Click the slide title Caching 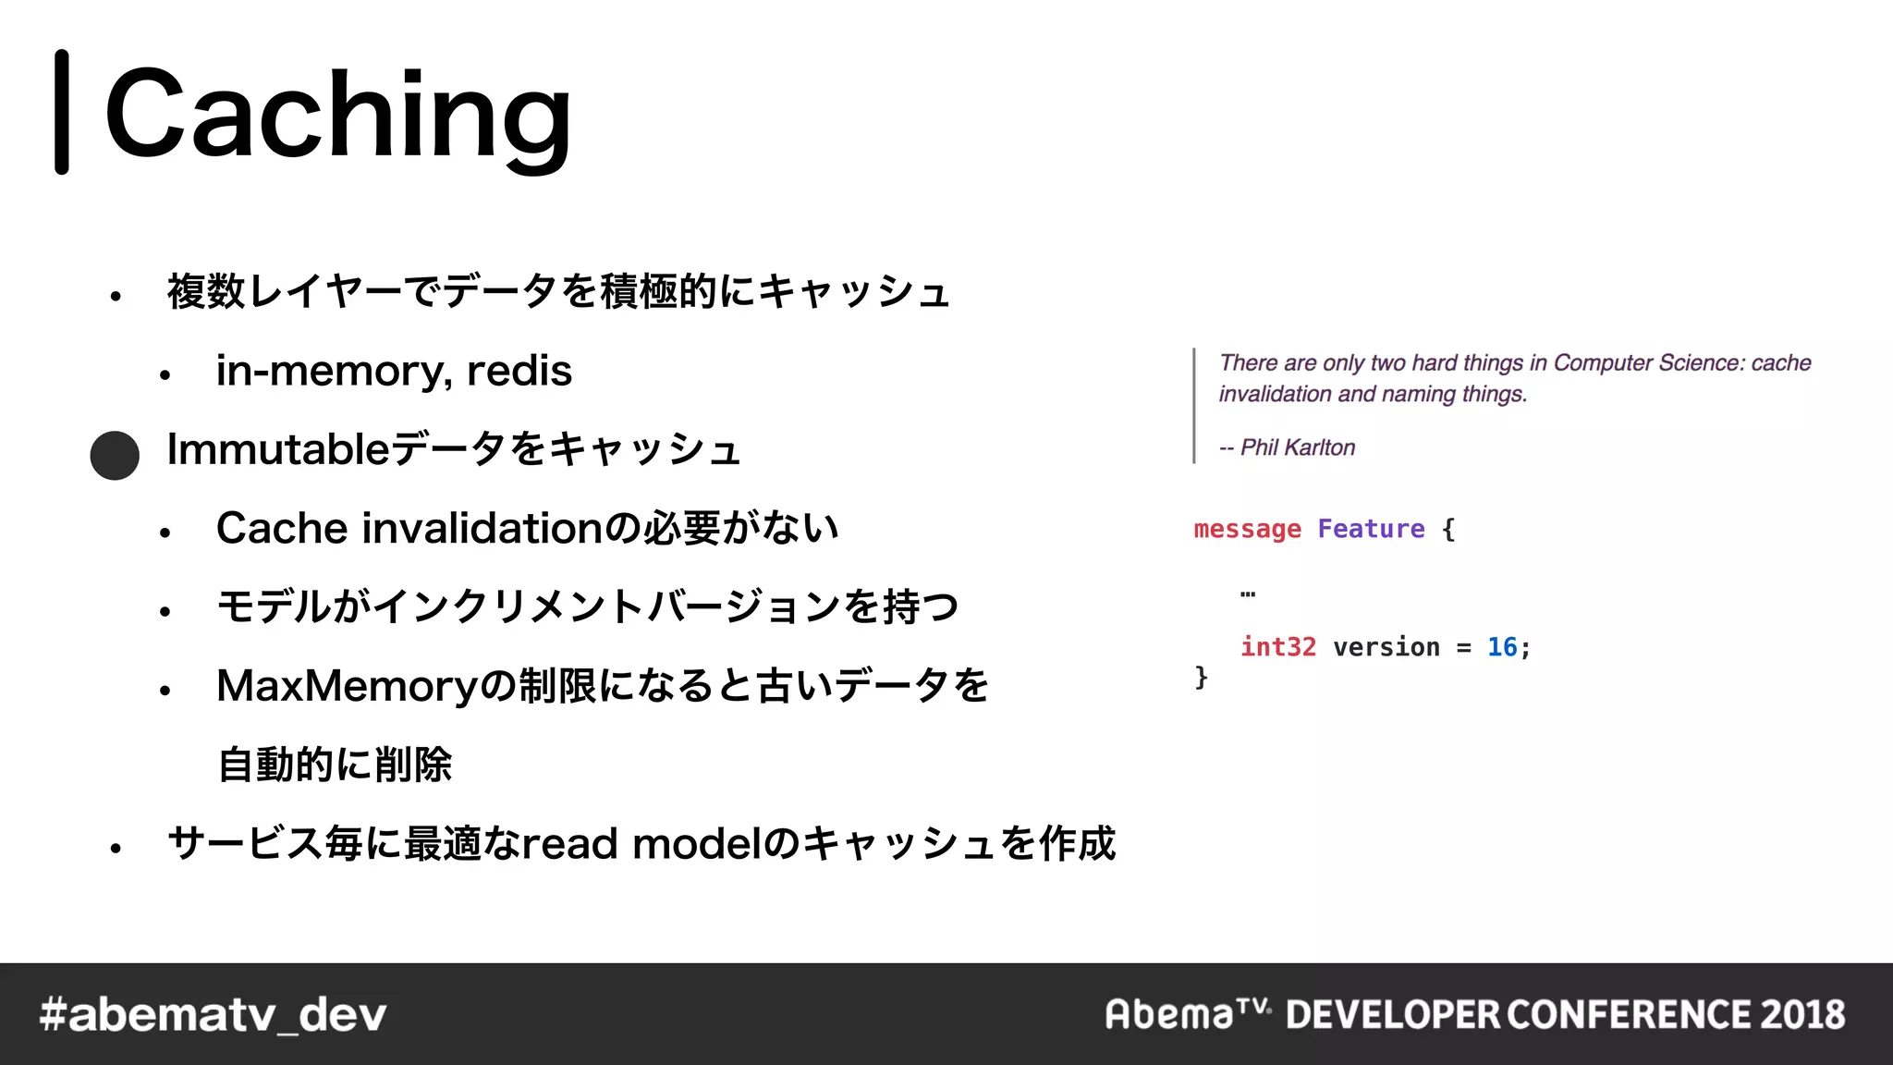(x=338, y=115)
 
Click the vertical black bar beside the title (x=62, y=112)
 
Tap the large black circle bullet (x=115, y=455)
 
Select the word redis (x=519, y=372)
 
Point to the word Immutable (x=277, y=450)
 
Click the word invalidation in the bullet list (x=482, y=529)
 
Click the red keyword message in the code (x=1247, y=529)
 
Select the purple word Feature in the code (x=1371, y=529)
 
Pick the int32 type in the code (x=1277, y=647)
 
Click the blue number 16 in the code (x=1501, y=647)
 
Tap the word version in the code (x=1386, y=647)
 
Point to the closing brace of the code (x=1201, y=678)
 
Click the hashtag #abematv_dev (x=213, y=1015)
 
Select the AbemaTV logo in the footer (x=1187, y=1014)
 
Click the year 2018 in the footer (x=1801, y=1015)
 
